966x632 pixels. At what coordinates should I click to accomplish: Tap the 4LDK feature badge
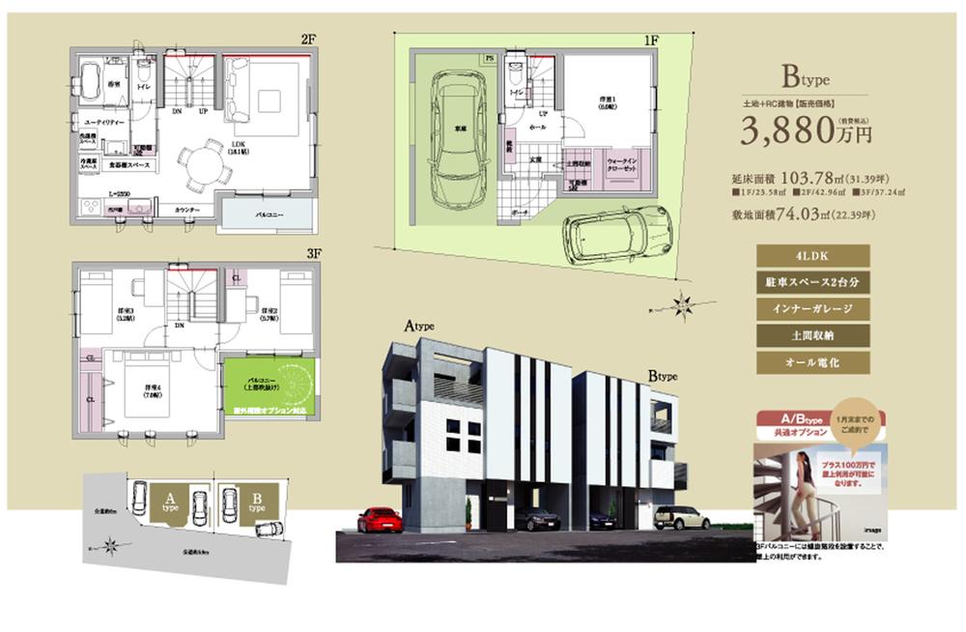(814, 255)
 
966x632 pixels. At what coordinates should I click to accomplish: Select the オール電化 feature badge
(814, 363)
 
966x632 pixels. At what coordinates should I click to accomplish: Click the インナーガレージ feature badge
(814, 309)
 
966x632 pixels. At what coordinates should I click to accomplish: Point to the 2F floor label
(308, 39)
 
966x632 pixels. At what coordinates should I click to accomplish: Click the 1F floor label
(651, 41)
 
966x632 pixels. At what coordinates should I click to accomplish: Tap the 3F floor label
(312, 253)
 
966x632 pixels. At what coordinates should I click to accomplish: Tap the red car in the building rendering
(380, 520)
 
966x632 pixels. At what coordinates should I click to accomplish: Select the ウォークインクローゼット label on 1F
(620, 167)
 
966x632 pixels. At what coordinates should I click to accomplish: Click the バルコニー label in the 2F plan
(269, 215)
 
